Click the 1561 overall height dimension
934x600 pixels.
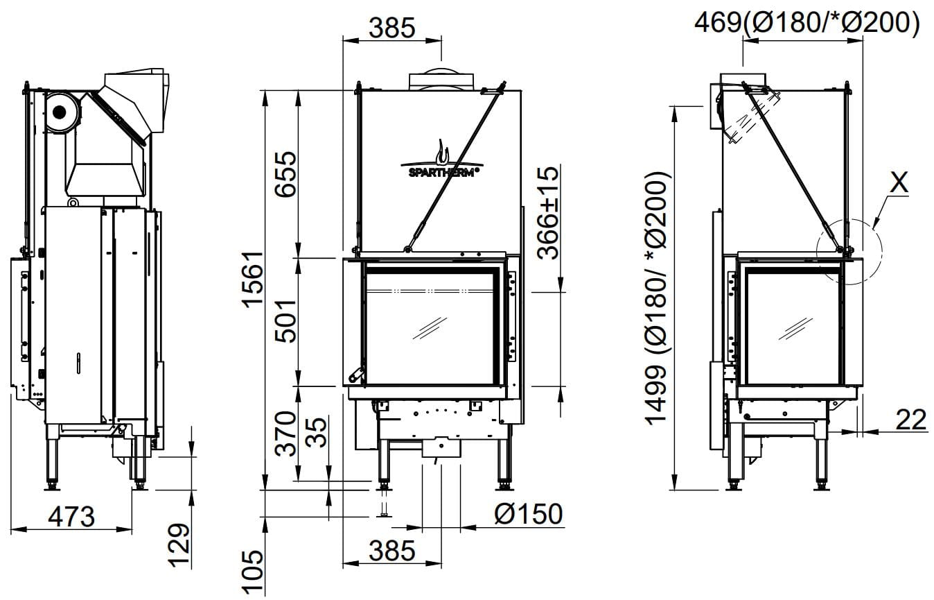pyautogui.click(x=254, y=280)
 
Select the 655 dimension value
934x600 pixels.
pyautogui.click(x=285, y=173)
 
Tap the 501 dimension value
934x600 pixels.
pyautogui.click(x=285, y=320)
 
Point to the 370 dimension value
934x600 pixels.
pyautogui.click(x=286, y=434)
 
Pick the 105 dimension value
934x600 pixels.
pyautogui.click(x=254, y=572)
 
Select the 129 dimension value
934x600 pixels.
pyautogui.click(x=179, y=545)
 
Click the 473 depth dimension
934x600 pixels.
pyautogui.click(x=71, y=517)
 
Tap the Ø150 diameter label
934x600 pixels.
pyautogui.click(x=528, y=514)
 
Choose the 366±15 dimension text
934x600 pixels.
pyautogui.click(x=547, y=213)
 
